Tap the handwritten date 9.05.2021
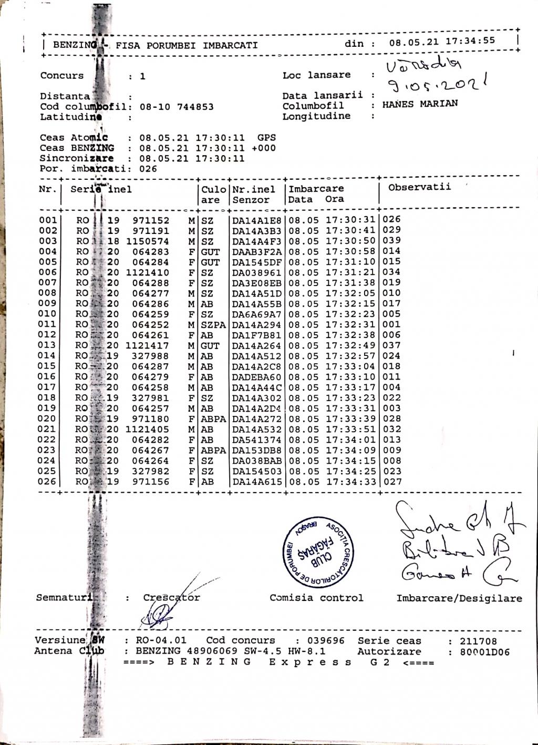pos(439,83)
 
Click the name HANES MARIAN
pos(420,104)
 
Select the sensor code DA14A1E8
pos(257,220)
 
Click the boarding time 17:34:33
pos(350,481)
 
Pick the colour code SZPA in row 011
pos(213,325)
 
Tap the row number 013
pos(47,345)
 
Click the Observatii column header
pos(419,187)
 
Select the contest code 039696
pos(326,640)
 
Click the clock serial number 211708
pos(478,641)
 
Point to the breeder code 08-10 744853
pos(177,107)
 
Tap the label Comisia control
pos(316,598)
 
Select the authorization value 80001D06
pos(485,652)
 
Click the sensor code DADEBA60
pos(257,377)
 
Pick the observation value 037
pos(391,345)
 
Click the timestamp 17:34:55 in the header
pos(470,41)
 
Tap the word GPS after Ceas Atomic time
pos(266,138)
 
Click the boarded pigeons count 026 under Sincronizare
pos(148,169)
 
